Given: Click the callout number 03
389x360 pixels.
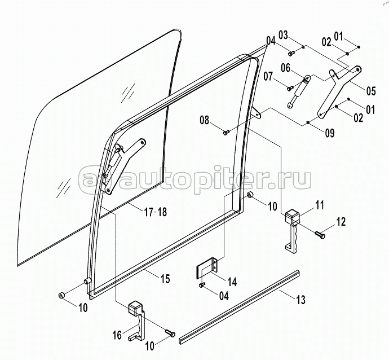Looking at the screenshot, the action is pyautogui.click(x=283, y=35).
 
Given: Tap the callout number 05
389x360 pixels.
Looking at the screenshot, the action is pyautogui.click(x=371, y=91).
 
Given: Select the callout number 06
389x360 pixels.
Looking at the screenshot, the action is pyautogui.click(x=286, y=68).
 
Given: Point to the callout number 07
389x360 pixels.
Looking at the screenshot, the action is pyautogui.click(x=268, y=76).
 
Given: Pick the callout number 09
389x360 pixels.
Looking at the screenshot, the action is pyautogui.click(x=330, y=133).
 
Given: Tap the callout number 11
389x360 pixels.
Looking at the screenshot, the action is pyautogui.click(x=320, y=205).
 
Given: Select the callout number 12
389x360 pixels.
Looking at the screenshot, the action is pyautogui.click(x=341, y=222).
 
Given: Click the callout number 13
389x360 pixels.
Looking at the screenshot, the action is pyautogui.click(x=300, y=300).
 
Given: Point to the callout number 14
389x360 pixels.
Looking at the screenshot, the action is pyautogui.click(x=232, y=282).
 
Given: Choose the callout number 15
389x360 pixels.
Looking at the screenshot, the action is pyautogui.click(x=165, y=279).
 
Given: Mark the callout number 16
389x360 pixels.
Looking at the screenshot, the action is pyautogui.click(x=117, y=335).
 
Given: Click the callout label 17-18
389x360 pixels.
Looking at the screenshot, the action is pyautogui.click(x=156, y=212).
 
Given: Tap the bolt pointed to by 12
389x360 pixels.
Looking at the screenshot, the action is pyautogui.click(x=320, y=235).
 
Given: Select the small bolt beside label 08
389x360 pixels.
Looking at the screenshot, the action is pyautogui.click(x=226, y=133).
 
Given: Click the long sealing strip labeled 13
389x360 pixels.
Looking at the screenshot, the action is pyautogui.click(x=240, y=306).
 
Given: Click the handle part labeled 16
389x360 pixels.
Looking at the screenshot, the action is pyautogui.click(x=137, y=322).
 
